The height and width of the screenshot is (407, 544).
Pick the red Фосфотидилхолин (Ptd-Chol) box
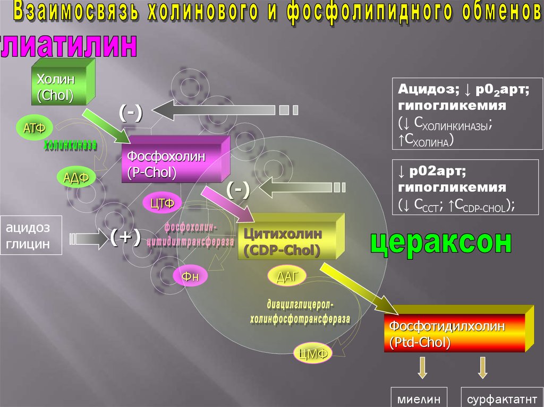[454, 333]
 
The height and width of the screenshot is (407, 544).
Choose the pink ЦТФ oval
[163, 202]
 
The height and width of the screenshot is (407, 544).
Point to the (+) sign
[125, 238]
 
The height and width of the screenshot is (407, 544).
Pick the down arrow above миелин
[422, 367]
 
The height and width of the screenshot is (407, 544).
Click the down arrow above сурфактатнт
[483, 367]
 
